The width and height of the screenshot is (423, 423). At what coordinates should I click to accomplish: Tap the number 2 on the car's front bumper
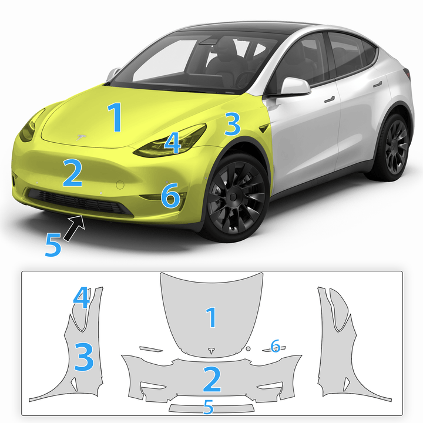click(72, 173)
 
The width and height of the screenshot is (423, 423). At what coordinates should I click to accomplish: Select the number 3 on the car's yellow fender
click(233, 125)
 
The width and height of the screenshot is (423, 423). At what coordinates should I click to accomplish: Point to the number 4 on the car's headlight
click(172, 143)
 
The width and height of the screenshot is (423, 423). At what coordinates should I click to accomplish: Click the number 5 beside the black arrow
click(53, 245)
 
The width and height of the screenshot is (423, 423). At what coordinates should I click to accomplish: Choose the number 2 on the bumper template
click(211, 380)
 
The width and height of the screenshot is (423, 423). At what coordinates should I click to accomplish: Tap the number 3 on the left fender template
click(83, 357)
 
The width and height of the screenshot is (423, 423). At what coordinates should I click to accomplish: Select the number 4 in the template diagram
click(82, 298)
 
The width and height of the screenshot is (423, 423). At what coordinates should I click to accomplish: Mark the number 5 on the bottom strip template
click(208, 407)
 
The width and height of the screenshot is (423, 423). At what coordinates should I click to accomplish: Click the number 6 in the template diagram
click(276, 345)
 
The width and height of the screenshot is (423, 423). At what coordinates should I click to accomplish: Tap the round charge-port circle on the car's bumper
click(120, 184)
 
